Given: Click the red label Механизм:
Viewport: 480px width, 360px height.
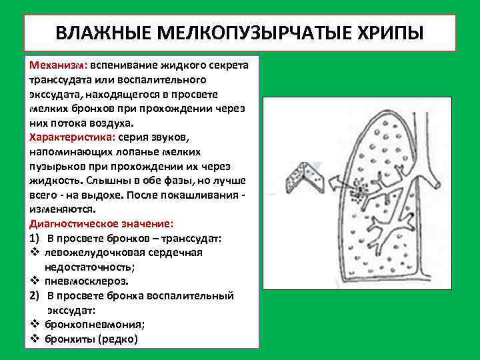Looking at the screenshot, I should (x=58, y=67).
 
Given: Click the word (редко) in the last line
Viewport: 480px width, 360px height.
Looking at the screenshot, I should (x=118, y=339).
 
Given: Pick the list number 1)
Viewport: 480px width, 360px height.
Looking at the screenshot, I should (x=36, y=238).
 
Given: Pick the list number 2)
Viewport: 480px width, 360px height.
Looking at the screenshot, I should (x=36, y=295).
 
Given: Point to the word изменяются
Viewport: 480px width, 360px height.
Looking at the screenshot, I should (x=57, y=209).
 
